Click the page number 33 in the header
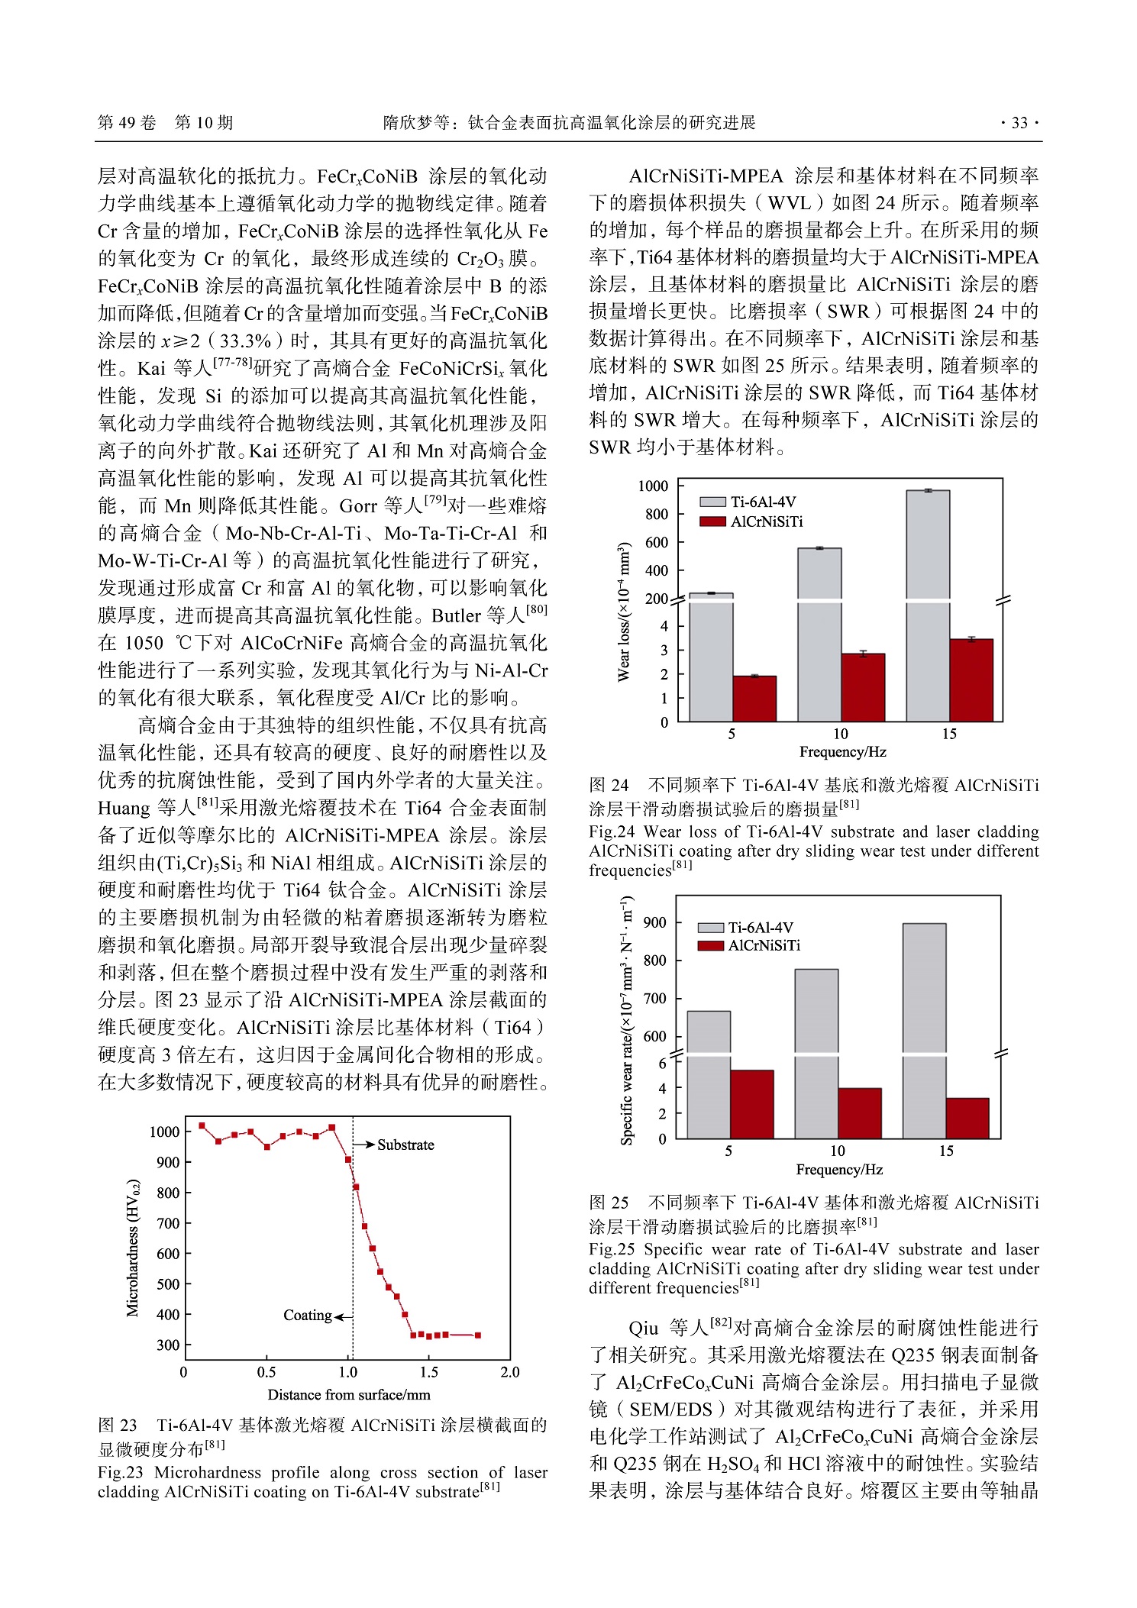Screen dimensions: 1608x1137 pyautogui.click(x=1019, y=123)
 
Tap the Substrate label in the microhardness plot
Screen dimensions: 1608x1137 pyautogui.click(x=405, y=1145)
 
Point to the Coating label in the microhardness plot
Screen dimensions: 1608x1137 pyautogui.click(x=307, y=1315)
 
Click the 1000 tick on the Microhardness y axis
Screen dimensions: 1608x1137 pyautogui.click(x=164, y=1132)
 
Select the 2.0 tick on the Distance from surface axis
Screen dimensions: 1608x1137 pyautogui.click(x=509, y=1372)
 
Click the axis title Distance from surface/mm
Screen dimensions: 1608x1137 pyautogui.click(x=348, y=1395)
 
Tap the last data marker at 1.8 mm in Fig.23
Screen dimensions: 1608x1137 pyautogui.click(x=478, y=1335)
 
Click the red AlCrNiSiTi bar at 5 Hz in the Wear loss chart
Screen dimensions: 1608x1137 pyautogui.click(x=754, y=699)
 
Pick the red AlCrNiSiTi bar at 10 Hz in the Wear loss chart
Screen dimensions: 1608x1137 pyautogui.click(x=863, y=687)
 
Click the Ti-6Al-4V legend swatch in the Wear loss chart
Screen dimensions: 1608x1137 pyautogui.click(x=712, y=502)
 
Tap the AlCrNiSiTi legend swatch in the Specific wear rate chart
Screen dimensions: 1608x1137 pyautogui.click(x=710, y=946)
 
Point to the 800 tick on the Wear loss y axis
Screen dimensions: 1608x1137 pyautogui.click(x=656, y=514)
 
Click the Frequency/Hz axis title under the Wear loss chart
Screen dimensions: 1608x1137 pyautogui.click(x=842, y=752)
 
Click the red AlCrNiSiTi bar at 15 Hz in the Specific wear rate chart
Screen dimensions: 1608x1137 pyautogui.click(x=967, y=1119)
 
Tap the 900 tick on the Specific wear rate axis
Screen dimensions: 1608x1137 pyautogui.click(x=654, y=922)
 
